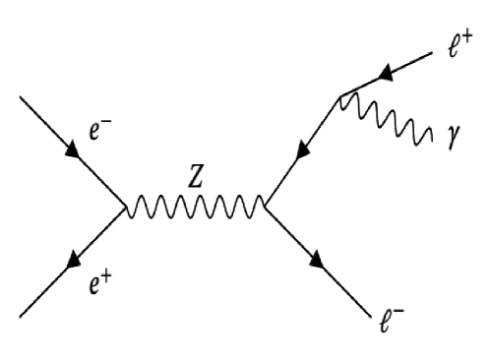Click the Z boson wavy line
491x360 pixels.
pyautogui.click(x=194, y=207)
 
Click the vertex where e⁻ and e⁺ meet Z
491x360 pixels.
pyautogui.click(x=125, y=208)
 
